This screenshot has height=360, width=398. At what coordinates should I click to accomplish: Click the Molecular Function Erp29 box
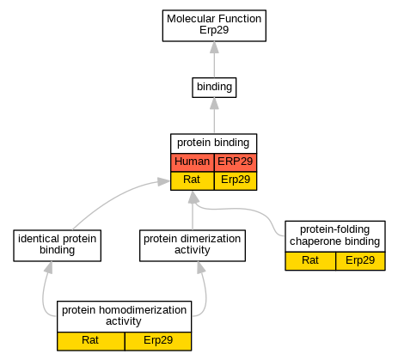tap(214, 26)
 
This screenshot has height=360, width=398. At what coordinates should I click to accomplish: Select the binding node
tap(214, 88)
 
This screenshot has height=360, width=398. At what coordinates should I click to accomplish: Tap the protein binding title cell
tap(213, 143)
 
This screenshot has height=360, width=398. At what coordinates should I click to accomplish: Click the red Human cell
tap(193, 162)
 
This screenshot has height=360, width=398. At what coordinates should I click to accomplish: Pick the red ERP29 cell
tap(236, 162)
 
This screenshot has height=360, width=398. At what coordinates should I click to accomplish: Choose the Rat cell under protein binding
tap(193, 180)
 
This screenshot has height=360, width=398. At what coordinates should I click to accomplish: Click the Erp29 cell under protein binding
tap(236, 180)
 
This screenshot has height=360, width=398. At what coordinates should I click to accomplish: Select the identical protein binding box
tap(57, 246)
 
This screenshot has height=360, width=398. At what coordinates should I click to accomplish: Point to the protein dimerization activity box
tap(193, 246)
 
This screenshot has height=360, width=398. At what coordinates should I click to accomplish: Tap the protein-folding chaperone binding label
tap(335, 236)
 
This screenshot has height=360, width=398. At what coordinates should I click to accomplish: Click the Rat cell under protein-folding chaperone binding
tap(310, 261)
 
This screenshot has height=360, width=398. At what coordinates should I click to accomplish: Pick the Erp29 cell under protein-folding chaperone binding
tap(360, 261)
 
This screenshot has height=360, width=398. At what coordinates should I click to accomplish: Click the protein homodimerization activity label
tap(124, 316)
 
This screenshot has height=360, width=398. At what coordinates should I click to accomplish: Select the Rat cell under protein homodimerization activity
tap(91, 341)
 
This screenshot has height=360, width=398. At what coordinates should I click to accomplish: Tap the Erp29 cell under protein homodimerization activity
tap(158, 341)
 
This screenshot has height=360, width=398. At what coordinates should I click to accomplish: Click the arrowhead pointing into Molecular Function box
tap(214, 47)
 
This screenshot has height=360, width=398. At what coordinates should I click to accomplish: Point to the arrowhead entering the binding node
tap(214, 103)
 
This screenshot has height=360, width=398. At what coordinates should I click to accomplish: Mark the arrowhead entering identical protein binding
tap(49, 267)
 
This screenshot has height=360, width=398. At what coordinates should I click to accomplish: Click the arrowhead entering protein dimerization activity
tap(201, 267)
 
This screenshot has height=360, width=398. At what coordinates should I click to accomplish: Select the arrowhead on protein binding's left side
tap(164, 181)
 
